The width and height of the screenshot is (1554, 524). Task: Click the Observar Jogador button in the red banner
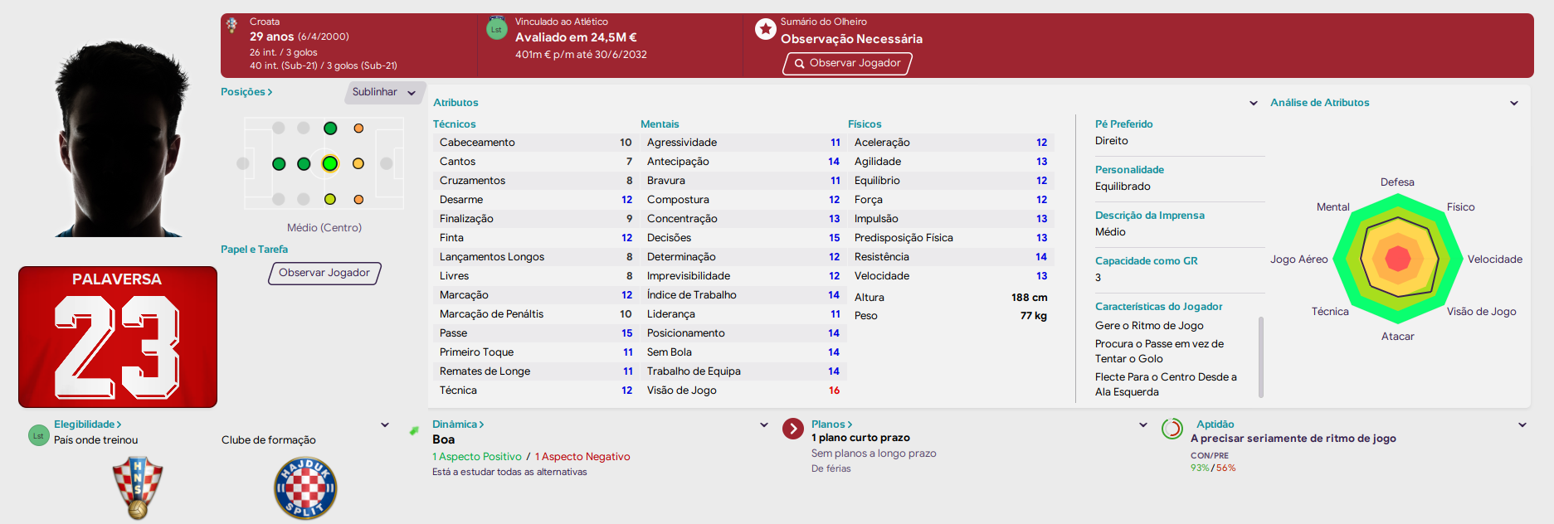(847, 64)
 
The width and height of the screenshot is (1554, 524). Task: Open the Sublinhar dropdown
(384, 92)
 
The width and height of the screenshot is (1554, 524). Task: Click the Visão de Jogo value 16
(834, 391)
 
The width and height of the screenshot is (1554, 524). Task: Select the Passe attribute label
(453, 333)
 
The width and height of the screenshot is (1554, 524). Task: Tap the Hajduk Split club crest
(305, 488)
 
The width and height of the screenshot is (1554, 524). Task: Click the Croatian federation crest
(138, 488)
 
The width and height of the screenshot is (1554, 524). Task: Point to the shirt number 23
(117, 347)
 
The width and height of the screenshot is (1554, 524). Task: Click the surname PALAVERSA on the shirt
(117, 279)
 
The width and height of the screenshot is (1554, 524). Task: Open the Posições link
(246, 92)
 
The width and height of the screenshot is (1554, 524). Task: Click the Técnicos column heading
(455, 124)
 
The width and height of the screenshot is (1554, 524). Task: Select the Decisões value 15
(834, 238)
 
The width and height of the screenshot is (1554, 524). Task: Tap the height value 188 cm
(1029, 298)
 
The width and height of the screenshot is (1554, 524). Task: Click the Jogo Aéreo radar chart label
(1298, 260)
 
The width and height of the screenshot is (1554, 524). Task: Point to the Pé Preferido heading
(1123, 124)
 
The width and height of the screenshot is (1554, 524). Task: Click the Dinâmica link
(458, 425)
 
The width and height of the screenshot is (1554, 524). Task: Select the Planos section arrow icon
(793, 429)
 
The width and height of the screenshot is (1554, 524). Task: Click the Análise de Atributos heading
(1320, 103)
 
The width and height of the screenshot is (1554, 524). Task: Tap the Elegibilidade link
(88, 425)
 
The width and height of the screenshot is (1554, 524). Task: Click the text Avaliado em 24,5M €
(576, 37)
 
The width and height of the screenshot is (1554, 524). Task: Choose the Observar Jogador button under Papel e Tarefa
(324, 273)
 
